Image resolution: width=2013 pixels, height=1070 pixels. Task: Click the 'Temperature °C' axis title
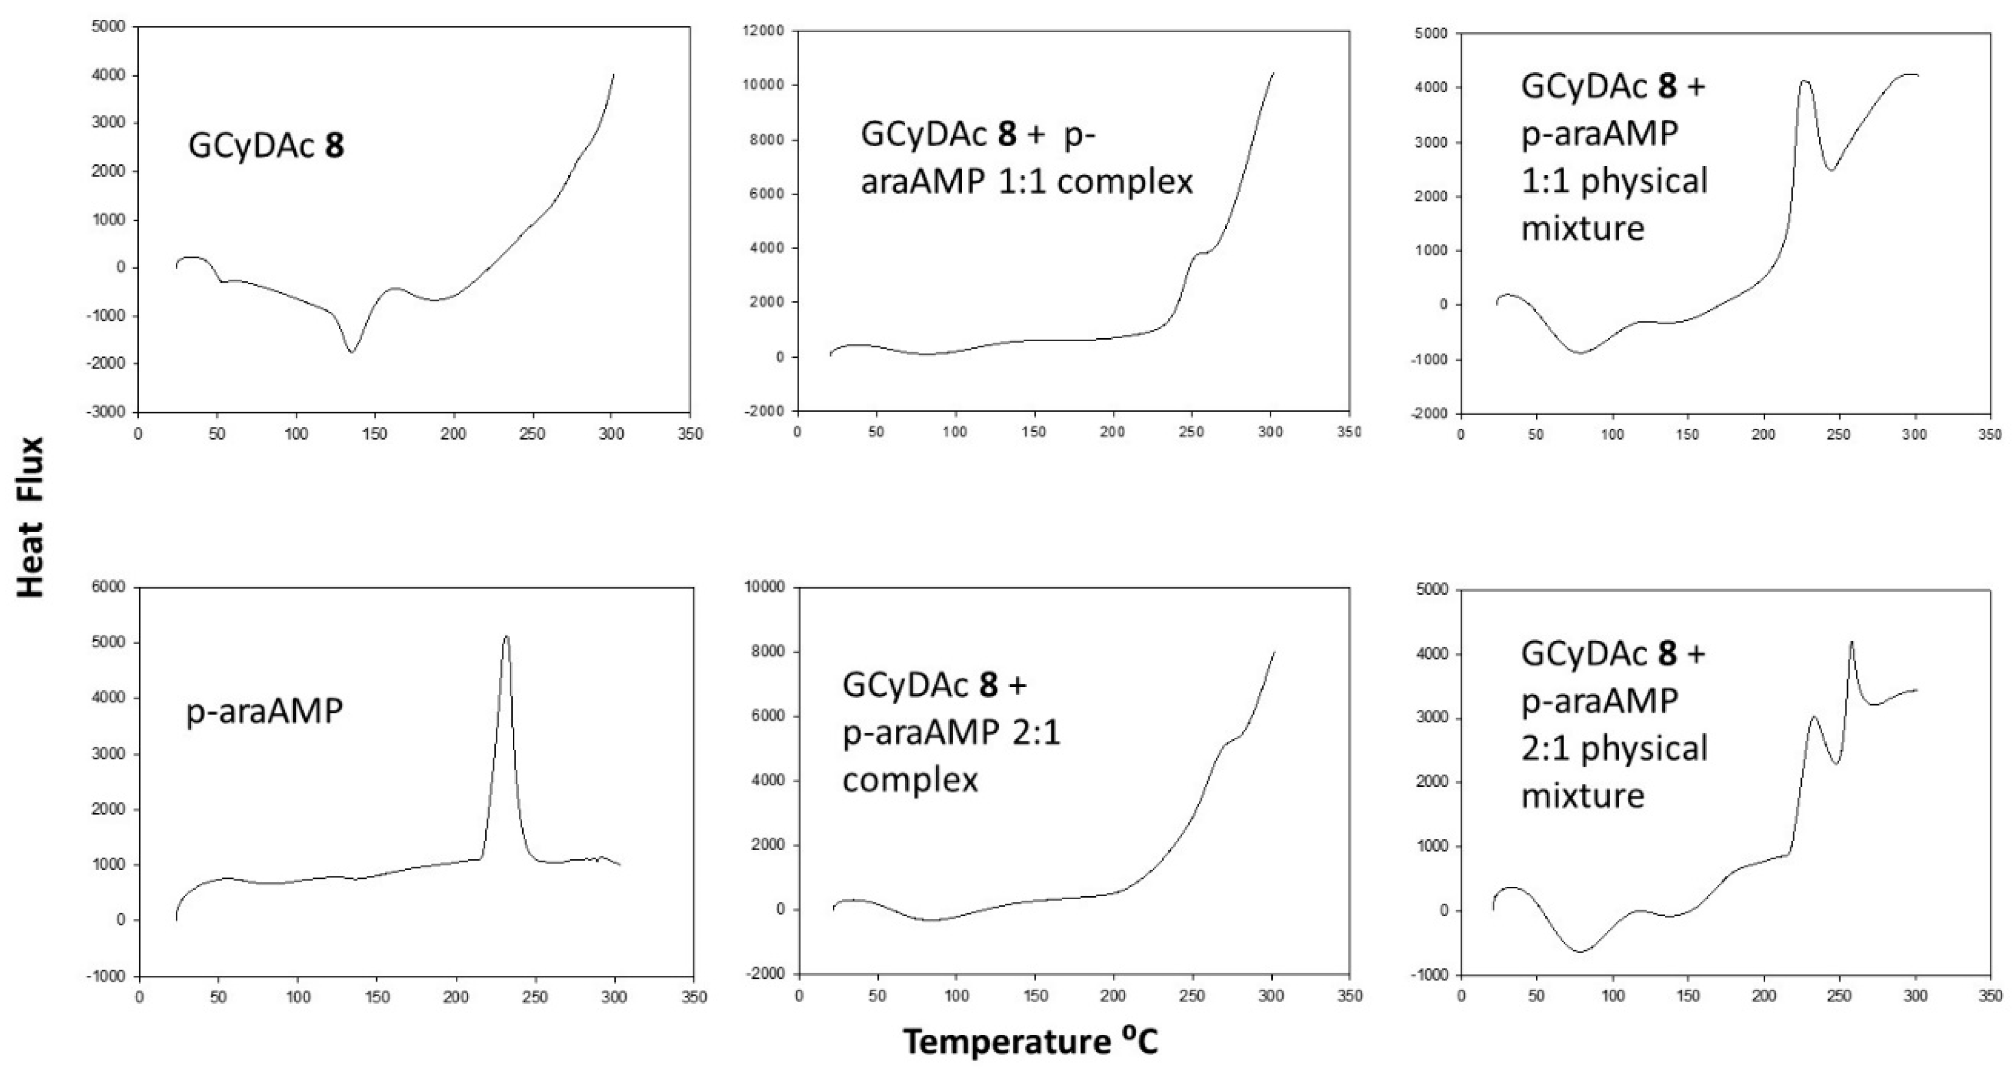[x=1030, y=1042]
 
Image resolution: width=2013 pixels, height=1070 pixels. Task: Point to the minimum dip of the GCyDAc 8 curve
[x=352, y=352]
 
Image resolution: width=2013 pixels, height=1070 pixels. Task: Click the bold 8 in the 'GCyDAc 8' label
[x=333, y=146]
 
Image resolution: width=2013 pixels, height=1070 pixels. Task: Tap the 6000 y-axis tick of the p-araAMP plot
[x=109, y=587]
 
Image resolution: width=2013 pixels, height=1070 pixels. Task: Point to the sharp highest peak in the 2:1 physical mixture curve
[x=1850, y=643]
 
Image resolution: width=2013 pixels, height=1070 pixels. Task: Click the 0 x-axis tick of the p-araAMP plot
[x=139, y=997]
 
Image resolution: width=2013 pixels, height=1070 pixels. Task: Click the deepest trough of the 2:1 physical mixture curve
[x=1580, y=951]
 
